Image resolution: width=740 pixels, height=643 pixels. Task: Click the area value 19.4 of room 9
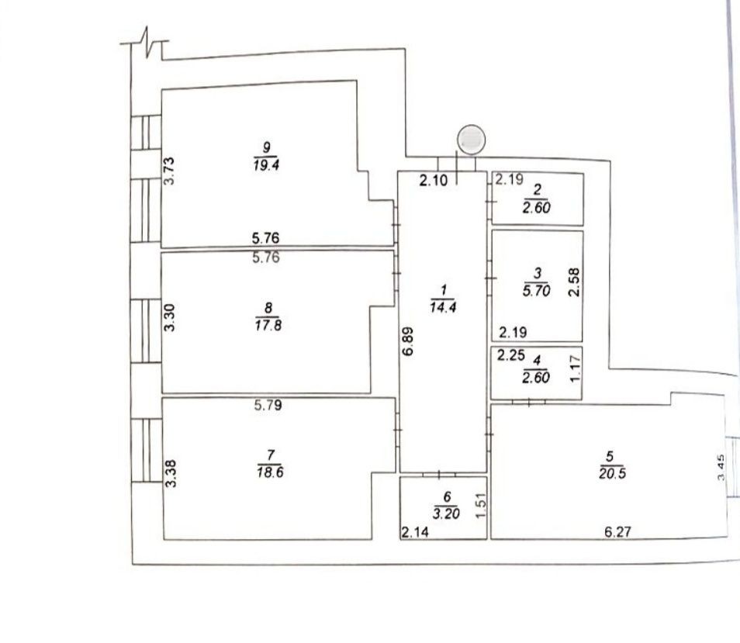coord(266,165)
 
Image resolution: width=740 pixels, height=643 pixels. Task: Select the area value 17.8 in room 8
coord(268,325)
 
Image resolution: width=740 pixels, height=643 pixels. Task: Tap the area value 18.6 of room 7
coord(271,472)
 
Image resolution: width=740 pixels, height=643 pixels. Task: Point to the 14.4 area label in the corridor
coord(443,307)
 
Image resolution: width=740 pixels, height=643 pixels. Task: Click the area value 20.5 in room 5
coord(613,473)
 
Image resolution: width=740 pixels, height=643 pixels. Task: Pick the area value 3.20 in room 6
coord(446,513)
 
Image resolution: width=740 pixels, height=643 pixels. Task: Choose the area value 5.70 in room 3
coord(537,291)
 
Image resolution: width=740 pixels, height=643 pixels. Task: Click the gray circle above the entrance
coord(472,140)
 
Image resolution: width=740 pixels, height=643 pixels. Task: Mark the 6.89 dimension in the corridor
coord(408,341)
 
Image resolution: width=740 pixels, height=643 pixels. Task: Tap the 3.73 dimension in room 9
coord(169,171)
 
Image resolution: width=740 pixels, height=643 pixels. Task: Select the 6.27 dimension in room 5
coord(617,532)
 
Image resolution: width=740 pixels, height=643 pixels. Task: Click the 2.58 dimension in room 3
coord(574,282)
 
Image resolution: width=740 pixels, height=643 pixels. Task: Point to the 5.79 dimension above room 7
coord(268,405)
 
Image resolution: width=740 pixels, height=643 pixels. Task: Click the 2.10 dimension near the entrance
coord(434,180)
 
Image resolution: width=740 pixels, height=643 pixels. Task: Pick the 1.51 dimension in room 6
coord(480,505)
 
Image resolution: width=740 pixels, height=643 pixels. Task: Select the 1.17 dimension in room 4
coord(575,369)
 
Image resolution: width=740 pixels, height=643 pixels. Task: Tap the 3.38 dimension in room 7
coord(171,473)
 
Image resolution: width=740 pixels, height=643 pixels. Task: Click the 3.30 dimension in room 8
coord(169,317)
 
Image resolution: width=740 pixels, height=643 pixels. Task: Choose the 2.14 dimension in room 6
coord(415,532)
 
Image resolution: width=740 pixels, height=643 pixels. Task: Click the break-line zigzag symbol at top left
coord(147,43)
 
